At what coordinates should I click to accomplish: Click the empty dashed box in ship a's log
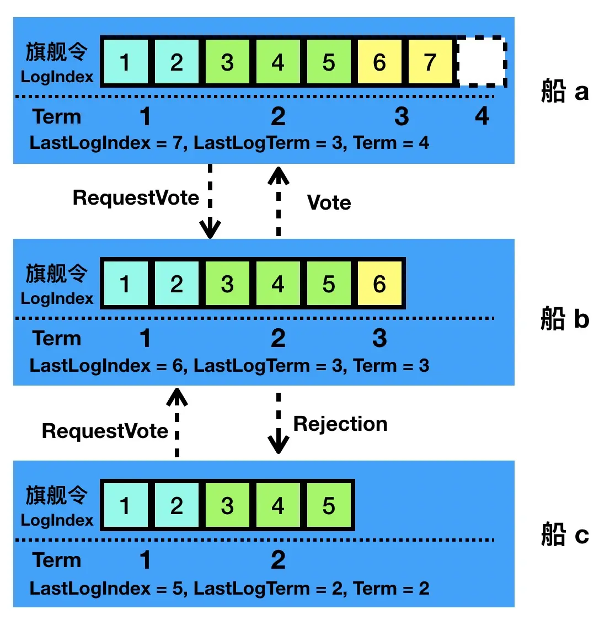coord(481,62)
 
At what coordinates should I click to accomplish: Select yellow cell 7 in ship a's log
coord(430,62)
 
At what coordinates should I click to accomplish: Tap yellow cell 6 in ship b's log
coord(379,284)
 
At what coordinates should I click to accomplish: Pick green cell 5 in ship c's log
coord(329,506)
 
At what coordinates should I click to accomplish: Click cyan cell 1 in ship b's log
coord(125,284)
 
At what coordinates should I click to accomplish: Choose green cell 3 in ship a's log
coord(227,62)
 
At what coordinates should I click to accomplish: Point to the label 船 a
coord(564,91)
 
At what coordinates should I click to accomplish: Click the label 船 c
coord(564,535)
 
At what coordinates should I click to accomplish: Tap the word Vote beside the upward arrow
coord(329,202)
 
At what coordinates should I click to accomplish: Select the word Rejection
coord(340,424)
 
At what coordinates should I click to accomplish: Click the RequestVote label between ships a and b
coord(136,197)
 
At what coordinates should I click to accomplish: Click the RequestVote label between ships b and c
coord(105,431)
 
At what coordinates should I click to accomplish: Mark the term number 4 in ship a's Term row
coord(482,116)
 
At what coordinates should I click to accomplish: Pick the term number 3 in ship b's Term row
coord(379,338)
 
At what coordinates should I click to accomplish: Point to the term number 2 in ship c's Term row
coord(278,560)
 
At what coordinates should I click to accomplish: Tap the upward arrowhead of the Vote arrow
coord(278,175)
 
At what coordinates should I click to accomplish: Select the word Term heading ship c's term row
coord(57,560)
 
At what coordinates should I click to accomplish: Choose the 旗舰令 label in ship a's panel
coord(57,52)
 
